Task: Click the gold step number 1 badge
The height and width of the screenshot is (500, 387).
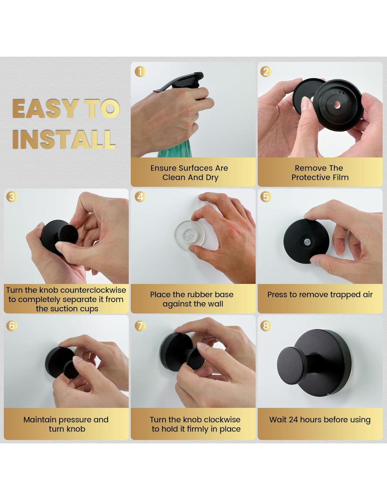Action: (140, 72)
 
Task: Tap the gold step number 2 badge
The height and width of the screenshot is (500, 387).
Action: (266, 72)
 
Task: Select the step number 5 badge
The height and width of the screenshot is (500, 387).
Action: (266, 197)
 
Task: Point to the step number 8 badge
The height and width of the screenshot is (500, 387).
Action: (266, 326)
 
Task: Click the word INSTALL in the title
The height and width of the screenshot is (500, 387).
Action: (64, 140)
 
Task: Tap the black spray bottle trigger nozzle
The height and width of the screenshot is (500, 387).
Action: (179, 82)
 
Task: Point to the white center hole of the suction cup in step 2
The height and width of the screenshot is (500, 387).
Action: (337, 105)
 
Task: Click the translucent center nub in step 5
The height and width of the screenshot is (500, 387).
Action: (307, 242)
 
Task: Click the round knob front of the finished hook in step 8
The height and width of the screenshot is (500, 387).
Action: (292, 366)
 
